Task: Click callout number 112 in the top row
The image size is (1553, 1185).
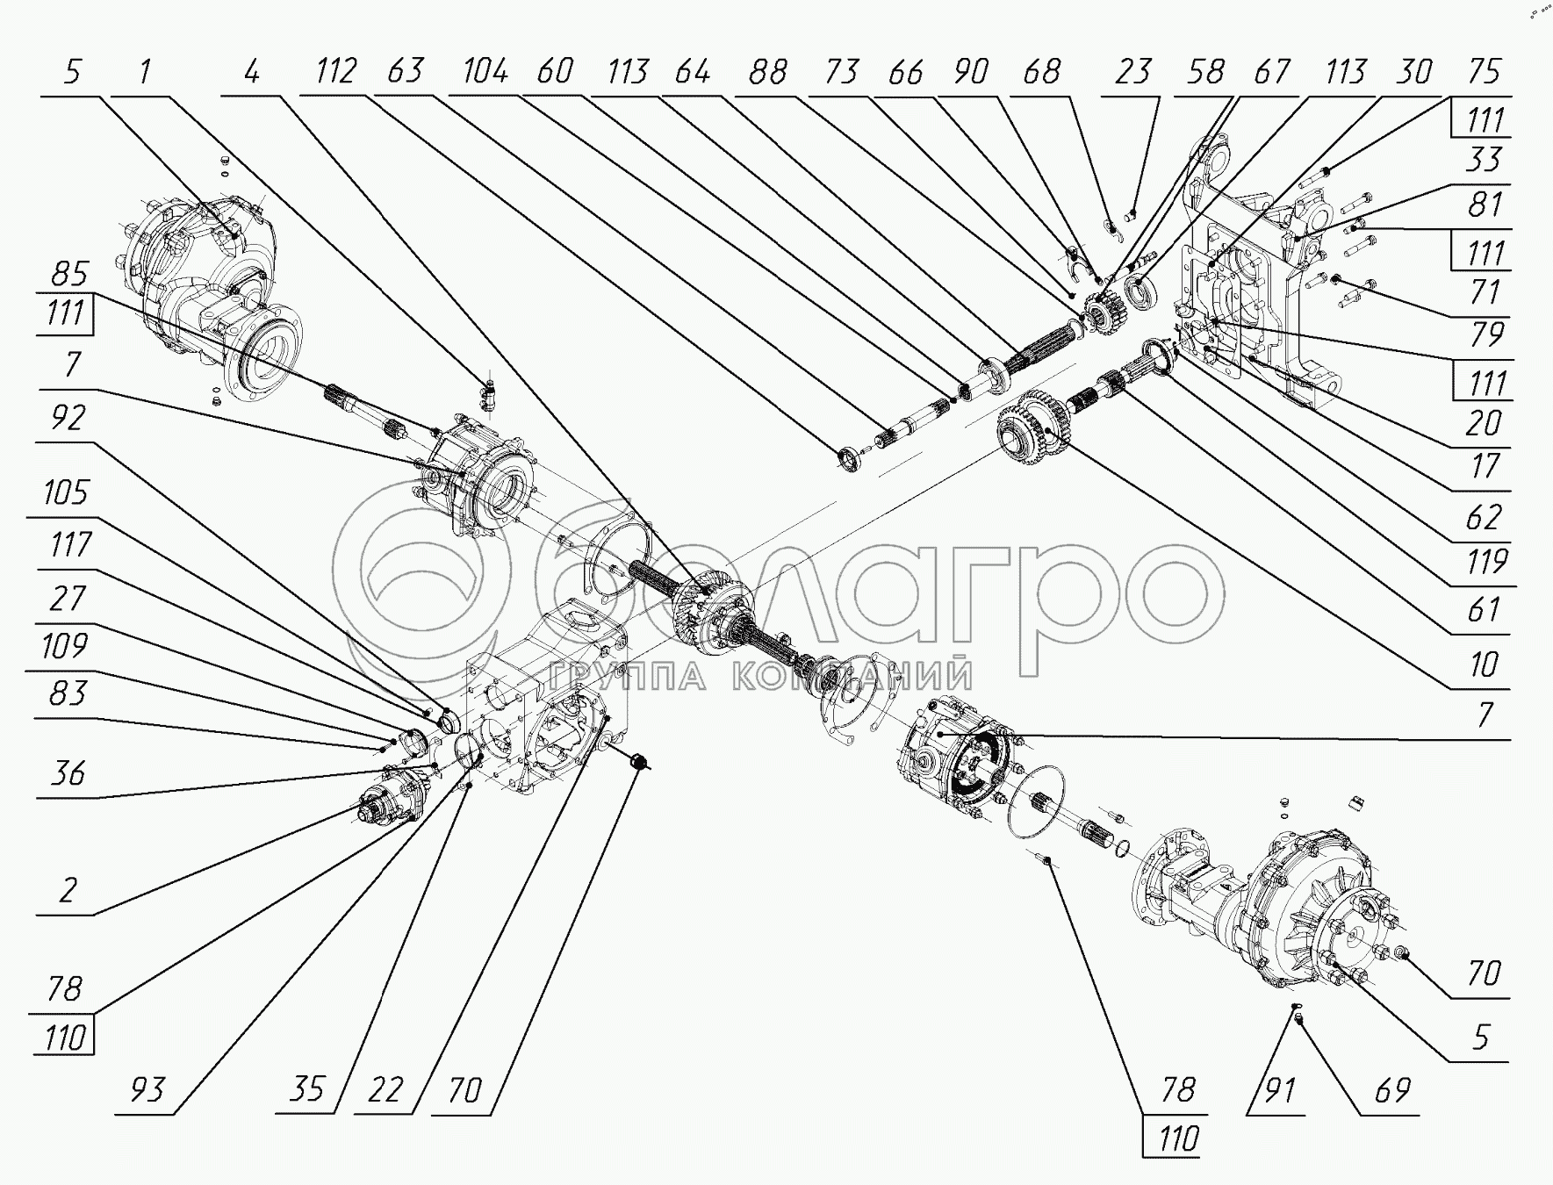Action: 335,71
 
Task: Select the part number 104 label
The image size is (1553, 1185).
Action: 484,71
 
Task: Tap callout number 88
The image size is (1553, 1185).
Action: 767,71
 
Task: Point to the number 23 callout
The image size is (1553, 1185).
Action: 1132,71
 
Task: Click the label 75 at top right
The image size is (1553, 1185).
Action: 1484,71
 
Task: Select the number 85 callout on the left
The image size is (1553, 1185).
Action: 68,274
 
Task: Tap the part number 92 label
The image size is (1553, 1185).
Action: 68,419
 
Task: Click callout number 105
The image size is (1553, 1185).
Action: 65,493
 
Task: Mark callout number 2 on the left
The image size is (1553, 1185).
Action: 68,891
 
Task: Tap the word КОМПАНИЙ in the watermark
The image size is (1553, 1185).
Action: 852,677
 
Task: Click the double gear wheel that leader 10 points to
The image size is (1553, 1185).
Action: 1031,429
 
